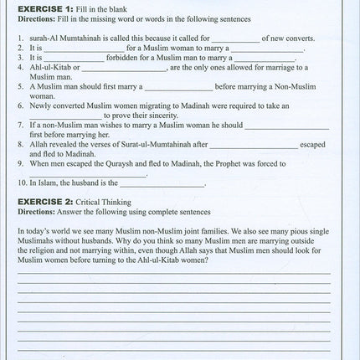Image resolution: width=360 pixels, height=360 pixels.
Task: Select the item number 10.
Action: pos(21,183)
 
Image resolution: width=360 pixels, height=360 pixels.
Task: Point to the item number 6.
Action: pos(20,106)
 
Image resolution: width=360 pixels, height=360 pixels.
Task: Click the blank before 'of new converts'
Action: pos(235,39)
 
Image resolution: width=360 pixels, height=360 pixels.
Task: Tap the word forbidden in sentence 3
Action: pos(131,58)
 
